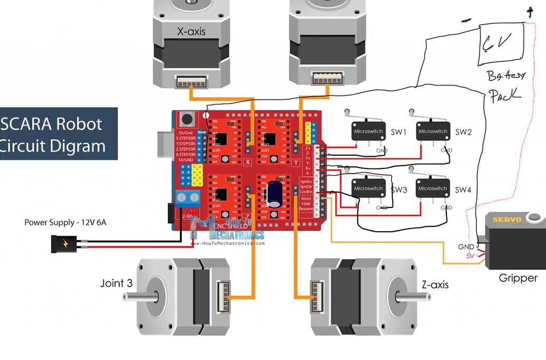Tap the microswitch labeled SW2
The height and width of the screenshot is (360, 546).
pyautogui.click(x=433, y=131)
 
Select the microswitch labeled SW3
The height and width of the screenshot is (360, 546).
pyautogui.click(x=368, y=188)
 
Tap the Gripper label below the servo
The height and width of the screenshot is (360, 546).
pyautogui.click(x=518, y=278)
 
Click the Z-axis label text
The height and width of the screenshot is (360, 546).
pyautogui.click(x=435, y=285)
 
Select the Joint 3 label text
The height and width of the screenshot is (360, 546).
pyautogui.click(x=117, y=283)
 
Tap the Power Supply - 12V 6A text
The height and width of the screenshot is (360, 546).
pyautogui.click(x=65, y=222)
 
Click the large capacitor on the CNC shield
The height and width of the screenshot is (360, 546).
pyautogui.click(x=274, y=194)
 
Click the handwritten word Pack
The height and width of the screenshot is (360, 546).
pyautogui.click(x=505, y=96)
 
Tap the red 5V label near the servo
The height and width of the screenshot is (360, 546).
pyautogui.click(x=470, y=255)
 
